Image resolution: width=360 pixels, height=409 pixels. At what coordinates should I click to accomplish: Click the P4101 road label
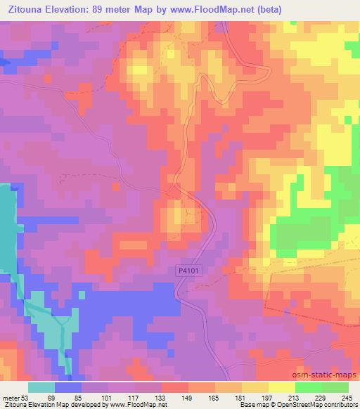pyautogui.click(x=186, y=270)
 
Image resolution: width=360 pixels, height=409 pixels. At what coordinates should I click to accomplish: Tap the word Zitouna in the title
pyautogui.click(x=25, y=8)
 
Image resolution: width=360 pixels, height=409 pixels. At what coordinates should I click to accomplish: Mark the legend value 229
pyautogui.click(x=322, y=397)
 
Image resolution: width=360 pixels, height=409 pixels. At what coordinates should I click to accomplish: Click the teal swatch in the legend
pyautogui.click(x=41, y=387)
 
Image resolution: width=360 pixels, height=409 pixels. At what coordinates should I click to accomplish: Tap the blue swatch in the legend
pyautogui.click(x=68, y=387)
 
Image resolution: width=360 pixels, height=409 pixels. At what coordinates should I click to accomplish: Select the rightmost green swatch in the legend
pyautogui.click(x=335, y=387)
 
